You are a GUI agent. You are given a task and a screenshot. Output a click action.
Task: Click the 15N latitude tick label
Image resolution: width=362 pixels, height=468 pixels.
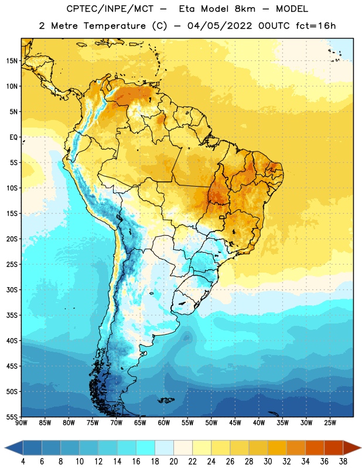click(12, 61)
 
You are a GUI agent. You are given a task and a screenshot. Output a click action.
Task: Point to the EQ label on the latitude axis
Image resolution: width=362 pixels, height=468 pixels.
click(13, 137)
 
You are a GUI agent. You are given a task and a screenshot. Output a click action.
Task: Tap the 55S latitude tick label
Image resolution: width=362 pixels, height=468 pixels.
click(12, 417)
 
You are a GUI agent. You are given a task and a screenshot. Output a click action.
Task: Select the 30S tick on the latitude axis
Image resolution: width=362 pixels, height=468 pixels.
click(12, 290)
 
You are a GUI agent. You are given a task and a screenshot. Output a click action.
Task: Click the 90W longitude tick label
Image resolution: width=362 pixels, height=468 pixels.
click(21, 422)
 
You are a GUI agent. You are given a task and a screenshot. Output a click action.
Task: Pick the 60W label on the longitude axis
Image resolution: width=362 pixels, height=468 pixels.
click(164, 422)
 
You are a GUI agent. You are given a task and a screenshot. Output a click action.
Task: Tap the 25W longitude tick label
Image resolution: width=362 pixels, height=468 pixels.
click(330, 422)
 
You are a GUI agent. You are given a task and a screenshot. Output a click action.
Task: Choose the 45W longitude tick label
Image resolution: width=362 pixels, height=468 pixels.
click(235, 422)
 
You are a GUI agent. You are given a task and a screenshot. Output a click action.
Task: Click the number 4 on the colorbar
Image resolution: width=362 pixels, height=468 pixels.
click(23, 462)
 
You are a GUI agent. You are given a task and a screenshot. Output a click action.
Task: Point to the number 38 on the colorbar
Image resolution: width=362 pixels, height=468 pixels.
click(343, 462)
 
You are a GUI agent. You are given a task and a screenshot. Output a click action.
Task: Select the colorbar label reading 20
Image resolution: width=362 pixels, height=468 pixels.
click(173, 462)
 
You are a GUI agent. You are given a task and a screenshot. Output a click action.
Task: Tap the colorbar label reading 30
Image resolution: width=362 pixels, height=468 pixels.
click(268, 462)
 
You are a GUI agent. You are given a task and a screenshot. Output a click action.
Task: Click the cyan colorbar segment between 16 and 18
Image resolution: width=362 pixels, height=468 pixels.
click(146, 448)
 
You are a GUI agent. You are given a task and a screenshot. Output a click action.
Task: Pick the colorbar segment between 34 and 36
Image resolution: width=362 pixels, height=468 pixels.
click(315, 448)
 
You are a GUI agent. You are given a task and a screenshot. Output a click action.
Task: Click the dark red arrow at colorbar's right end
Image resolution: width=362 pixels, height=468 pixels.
click(352, 448)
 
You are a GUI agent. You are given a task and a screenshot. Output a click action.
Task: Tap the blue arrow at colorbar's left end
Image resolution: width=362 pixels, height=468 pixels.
click(13, 448)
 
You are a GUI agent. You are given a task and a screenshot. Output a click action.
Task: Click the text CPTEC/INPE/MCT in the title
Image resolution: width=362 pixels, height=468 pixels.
click(110, 9)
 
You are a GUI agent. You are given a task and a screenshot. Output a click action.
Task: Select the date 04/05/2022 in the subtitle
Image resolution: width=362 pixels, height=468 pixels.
click(220, 26)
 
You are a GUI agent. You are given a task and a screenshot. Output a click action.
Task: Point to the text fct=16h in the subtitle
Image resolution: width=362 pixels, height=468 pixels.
click(316, 26)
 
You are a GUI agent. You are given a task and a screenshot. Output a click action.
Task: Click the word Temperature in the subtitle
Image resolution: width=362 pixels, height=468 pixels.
click(114, 26)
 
